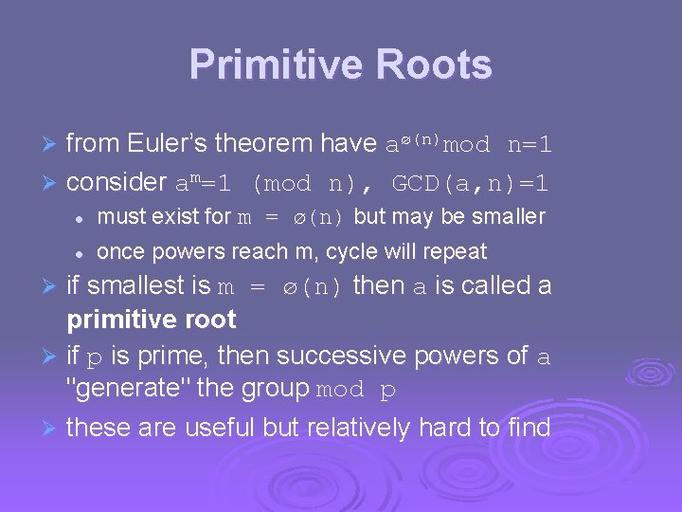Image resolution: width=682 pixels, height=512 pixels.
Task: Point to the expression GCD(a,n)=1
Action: pos(470,181)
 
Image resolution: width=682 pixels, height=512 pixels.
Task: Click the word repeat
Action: pos(457,252)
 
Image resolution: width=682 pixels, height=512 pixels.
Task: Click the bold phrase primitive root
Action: pos(151,320)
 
